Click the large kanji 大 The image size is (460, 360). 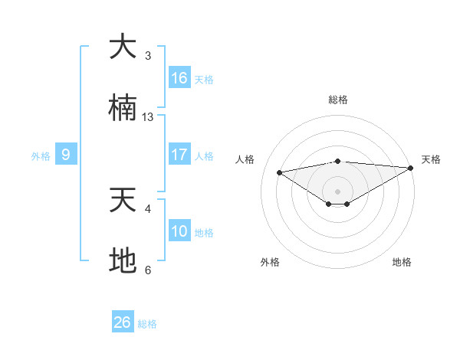tap(123, 47)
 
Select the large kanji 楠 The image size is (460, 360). tap(123, 108)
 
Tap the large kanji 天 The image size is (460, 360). tap(123, 200)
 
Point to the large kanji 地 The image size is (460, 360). tap(123, 261)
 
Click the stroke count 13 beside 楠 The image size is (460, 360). tap(148, 117)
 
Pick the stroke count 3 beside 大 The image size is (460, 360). tap(148, 55)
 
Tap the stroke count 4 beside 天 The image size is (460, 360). tap(148, 208)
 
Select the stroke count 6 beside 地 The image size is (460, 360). tap(148, 270)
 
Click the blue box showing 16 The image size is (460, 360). tap(179, 78)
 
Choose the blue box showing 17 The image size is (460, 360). tap(179, 155)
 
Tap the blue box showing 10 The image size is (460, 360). tap(179, 231)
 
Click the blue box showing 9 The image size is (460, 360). tap(66, 155)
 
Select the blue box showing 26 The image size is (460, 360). tap(123, 322)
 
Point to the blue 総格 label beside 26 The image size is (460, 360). tap(147, 324)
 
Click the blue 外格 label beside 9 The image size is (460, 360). tap(41, 156)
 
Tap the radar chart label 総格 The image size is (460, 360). tap(338, 100)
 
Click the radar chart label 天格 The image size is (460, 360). tap(431, 159)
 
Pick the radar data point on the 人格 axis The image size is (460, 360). tap(279, 172)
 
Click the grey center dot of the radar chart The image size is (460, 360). tap(338, 191)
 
